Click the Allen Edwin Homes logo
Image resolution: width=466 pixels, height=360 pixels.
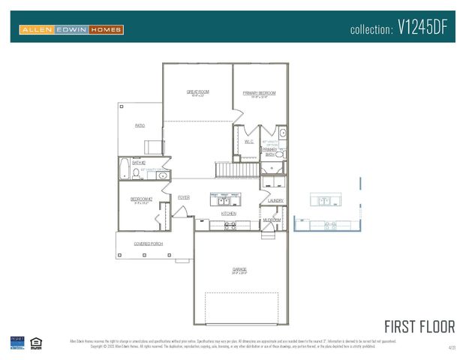click(71, 29)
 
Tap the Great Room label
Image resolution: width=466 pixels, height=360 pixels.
click(197, 92)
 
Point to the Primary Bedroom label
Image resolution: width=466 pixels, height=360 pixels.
click(259, 93)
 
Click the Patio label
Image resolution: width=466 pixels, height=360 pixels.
click(140, 126)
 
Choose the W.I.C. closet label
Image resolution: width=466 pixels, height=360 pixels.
click(249, 141)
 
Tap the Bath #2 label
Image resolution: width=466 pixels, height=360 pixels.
click(138, 162)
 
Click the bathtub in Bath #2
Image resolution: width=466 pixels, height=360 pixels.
click(125, 169)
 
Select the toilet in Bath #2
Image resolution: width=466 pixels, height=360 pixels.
click(137, 172)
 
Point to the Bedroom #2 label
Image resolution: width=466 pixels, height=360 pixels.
click(141, 199)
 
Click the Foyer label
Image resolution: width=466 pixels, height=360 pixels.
click(183, 197)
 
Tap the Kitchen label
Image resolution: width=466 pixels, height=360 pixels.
click(228, 214)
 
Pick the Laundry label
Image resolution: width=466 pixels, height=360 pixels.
click(275, 200)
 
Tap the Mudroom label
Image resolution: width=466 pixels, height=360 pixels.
click(271, 220)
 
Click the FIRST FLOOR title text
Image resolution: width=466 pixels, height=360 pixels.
click(419, 327)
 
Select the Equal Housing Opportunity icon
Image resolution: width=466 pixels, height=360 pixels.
click(35, 343)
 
